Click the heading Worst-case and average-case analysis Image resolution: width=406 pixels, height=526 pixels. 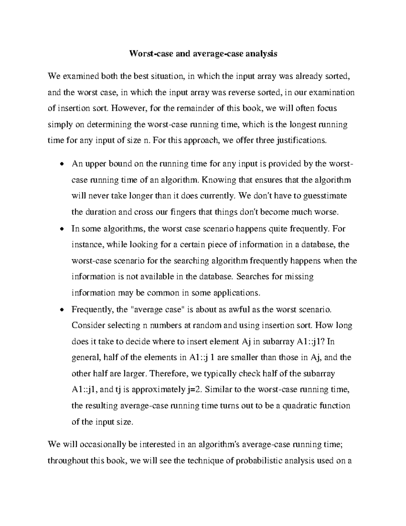coord(203,54)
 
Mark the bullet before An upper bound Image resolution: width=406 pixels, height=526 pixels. coord(61,165)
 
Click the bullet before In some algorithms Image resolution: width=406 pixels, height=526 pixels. coord(61,229)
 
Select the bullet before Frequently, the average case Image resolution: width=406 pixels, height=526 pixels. coord(61,310)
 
